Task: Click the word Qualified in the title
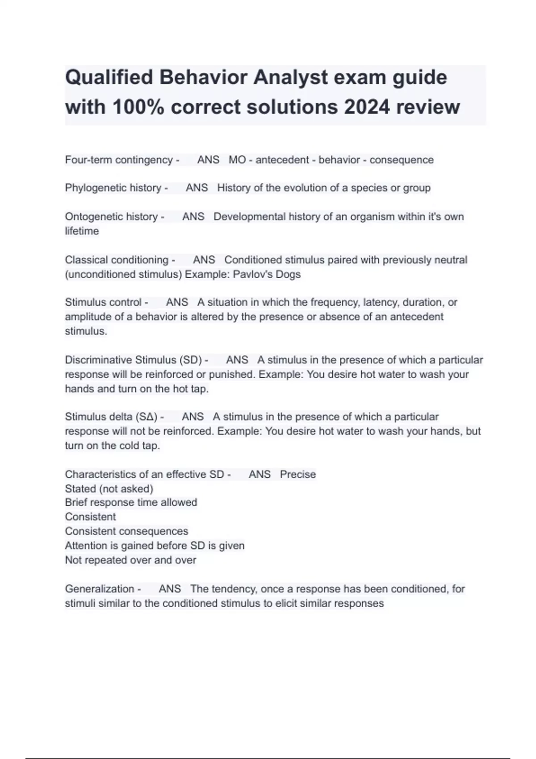(x=109, y=78)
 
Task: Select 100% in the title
(x=138, y=107)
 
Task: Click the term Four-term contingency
(x=119, y=160)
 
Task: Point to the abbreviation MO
(x=237, y=160)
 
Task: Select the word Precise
(x=298, y=474)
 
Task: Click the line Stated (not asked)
(x=109, y=488)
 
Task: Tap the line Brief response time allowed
(x=131, y=502)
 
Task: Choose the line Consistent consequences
(x=126, y=531)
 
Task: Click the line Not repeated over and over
(x=130, y=560)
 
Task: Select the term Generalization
(x=100, y=589)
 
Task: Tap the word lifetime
(x=82, y=231)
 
